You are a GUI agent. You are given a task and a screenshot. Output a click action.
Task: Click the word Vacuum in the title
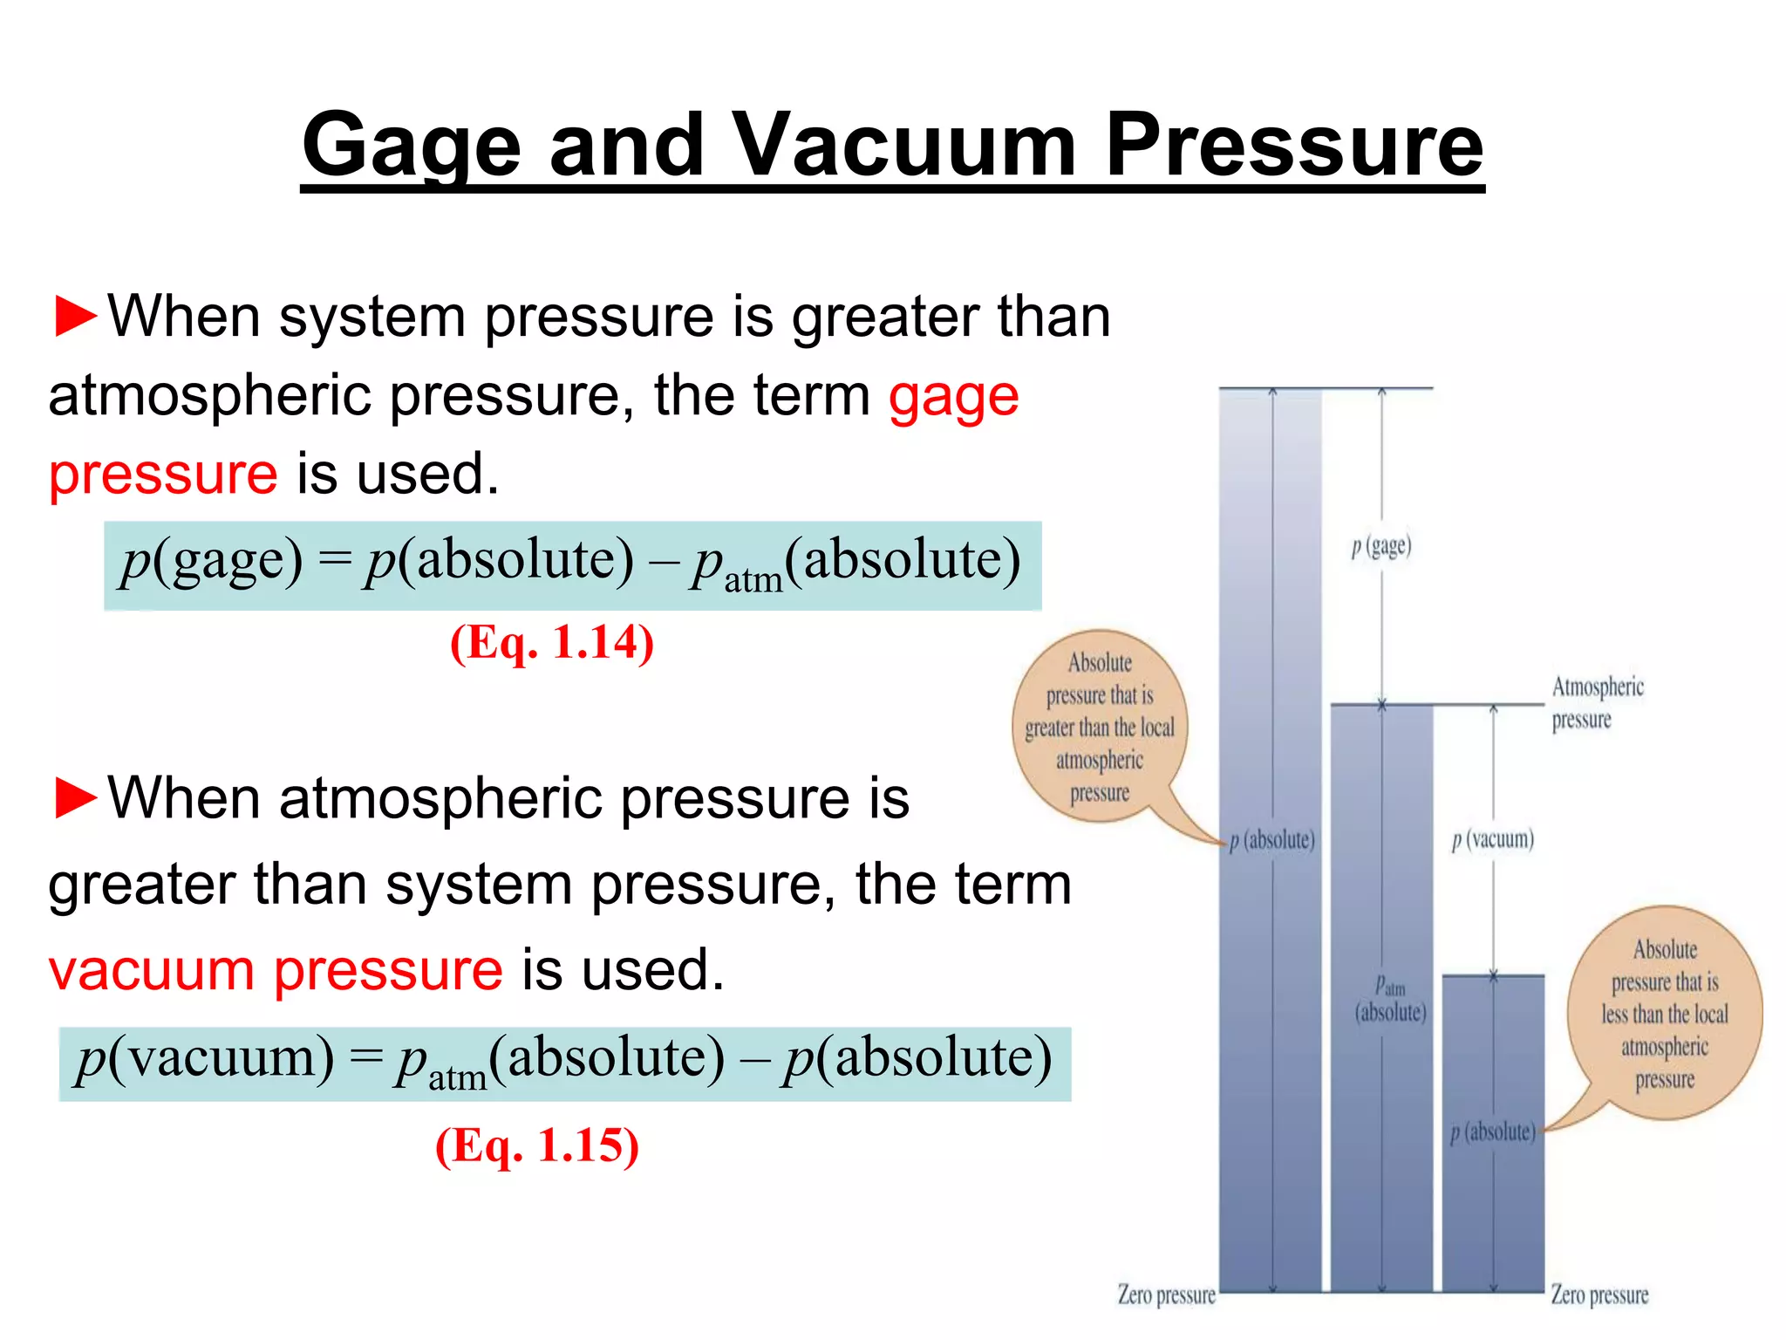[x=903, y=145]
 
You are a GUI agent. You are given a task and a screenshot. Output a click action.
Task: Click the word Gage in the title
[x=411, y=145]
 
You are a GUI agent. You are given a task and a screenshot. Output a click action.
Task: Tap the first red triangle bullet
[x=75, y=316]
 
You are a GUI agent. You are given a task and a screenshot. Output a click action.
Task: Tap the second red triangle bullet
[x=75, y=797]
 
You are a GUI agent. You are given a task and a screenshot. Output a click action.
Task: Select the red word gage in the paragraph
[x=953, y=398]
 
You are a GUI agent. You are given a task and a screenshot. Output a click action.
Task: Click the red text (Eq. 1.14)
[x=551, y=644]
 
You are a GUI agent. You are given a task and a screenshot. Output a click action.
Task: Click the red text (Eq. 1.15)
[x=536, y=1145]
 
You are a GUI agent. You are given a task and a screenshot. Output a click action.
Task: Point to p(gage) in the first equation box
[x=211, y=561]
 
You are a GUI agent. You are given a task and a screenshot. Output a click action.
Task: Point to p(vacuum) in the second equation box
[x=204, y=1059]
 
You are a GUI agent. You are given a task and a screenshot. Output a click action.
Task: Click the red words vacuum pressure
[x=276, y=970]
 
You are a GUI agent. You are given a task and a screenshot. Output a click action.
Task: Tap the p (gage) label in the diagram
[x=1380, y=547]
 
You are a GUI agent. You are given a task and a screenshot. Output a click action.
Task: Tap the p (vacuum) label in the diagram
[x=1492, y=839]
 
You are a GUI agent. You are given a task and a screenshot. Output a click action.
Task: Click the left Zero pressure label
[x=1166, y=1295]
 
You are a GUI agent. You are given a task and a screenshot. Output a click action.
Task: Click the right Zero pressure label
[x=1599, y=1295]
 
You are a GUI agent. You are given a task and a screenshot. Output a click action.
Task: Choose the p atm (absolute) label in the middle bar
[x=1390, y=1000]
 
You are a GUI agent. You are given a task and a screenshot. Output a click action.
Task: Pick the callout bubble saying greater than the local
[x=1099, y=727]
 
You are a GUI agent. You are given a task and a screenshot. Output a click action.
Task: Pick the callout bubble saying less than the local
[x=1664, y=1014]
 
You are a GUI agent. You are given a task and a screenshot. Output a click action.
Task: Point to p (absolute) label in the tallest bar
[x=1271, y=840]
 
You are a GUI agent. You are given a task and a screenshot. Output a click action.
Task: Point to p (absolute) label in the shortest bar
[x=1492, y=1132]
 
